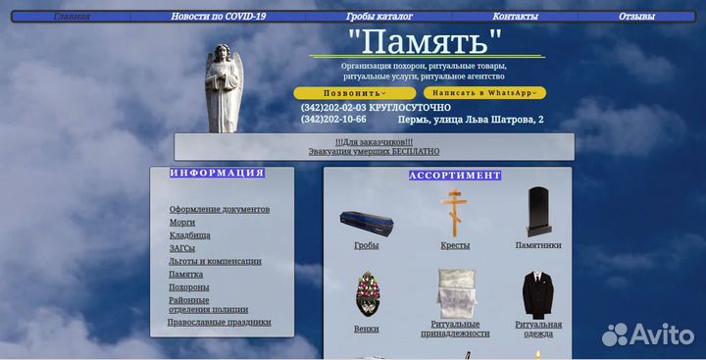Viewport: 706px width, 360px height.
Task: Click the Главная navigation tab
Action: click(x=72, y=17)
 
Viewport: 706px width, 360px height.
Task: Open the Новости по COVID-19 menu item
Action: click(x=218, y=17)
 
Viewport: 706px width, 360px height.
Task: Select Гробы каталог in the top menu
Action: click(x=378, y=17)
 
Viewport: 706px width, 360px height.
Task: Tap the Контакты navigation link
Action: click(x=515, y=17)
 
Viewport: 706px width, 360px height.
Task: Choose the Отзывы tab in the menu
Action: click(x=636, y=17)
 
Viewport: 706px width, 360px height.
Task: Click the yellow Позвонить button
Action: click(x=354, y=93)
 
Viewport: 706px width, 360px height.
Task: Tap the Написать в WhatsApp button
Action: click(x=484, y=93)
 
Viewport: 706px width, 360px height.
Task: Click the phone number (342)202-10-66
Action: click(x=333, y=120)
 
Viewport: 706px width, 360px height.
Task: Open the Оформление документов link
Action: click(x=219, y=209)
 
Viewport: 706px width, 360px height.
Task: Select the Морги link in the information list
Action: click(x=182, y=223)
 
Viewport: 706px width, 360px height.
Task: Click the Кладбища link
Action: click(x=189, y=235)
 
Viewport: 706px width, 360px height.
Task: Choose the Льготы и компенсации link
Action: click(x=215, y=261)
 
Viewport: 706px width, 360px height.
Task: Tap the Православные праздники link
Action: click(x=219, y=322)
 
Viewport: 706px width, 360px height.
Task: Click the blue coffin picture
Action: click(x=366, y=223)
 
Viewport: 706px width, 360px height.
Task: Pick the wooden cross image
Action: click(x=454, y=211)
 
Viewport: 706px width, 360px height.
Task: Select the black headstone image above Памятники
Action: click(x=537, y=211)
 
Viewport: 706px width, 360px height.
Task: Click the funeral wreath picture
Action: click(x=366, y=294)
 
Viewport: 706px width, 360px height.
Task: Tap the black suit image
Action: click(x=537, y=294)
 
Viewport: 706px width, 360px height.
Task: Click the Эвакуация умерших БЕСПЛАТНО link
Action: click(x=374, y=152)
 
